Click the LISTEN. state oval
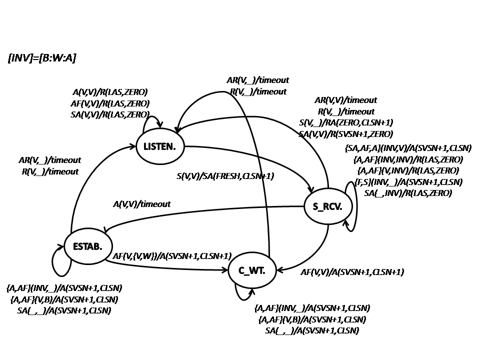point(160,146)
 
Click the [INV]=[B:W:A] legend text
point(42,58)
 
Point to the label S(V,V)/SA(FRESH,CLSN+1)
point(225,176)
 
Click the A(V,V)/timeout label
point(141,204)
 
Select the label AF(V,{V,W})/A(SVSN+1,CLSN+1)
point(171,256)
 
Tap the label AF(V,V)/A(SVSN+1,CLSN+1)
point(352,272)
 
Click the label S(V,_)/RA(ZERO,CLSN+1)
point(345,123)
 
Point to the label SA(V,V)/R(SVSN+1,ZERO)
point(345,134)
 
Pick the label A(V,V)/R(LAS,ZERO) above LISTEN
point(110,92)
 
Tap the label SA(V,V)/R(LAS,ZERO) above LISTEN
point(110,114)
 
